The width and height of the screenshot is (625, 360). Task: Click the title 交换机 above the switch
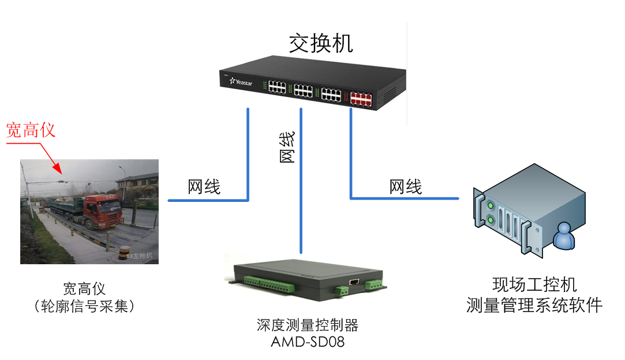pyautogui.click(x=320, y=44)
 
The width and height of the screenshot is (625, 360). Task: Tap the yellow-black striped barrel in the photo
pyautogui.click(x=122, y=253)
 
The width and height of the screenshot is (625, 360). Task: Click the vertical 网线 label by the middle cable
pyautogui.click(x=287, y=147)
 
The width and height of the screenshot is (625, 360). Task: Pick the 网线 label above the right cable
pyautogui.click(x=406, y=186)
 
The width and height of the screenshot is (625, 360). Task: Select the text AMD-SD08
pyautogui.click(x=308, y=342)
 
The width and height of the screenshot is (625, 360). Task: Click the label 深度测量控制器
pyautogui.click(x=308, y=325)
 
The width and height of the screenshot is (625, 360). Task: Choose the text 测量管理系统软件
pyautogui.click(x=534, y=305)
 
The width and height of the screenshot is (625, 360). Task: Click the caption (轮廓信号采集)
pyautogui.click(x=85, y=306)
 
